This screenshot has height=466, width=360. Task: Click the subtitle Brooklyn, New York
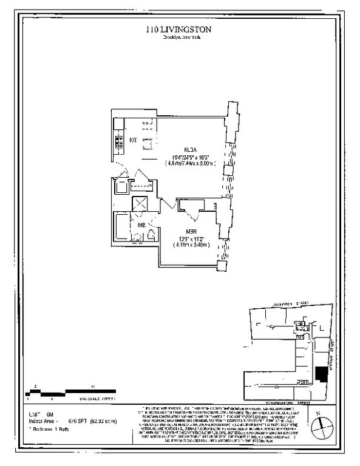click(180, 38)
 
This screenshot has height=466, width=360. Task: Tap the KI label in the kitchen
click(134, 141)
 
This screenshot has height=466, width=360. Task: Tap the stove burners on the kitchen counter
click(117, 143)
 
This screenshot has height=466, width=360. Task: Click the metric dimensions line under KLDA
click(189, 163)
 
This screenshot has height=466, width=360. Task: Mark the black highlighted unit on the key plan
click(321, 374)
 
